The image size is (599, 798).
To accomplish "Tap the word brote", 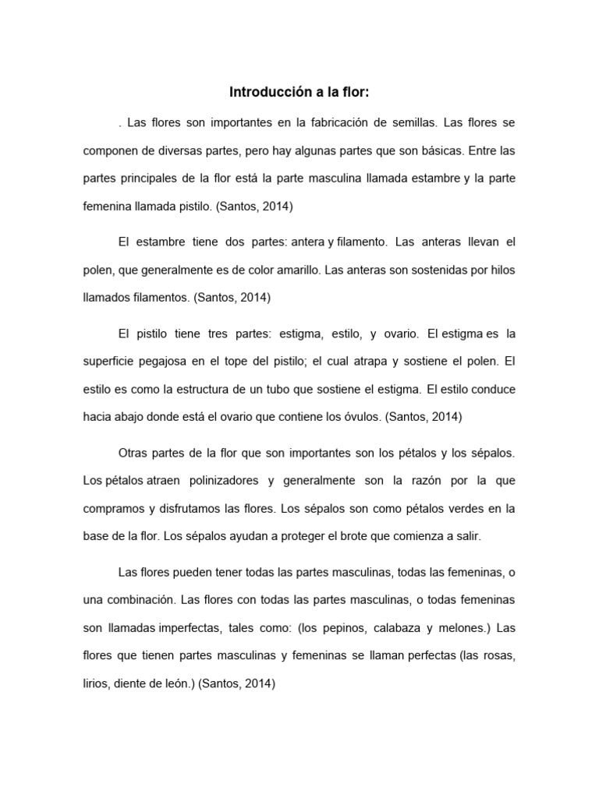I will pos(338,535).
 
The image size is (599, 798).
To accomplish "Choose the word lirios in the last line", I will pos(96,683).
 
